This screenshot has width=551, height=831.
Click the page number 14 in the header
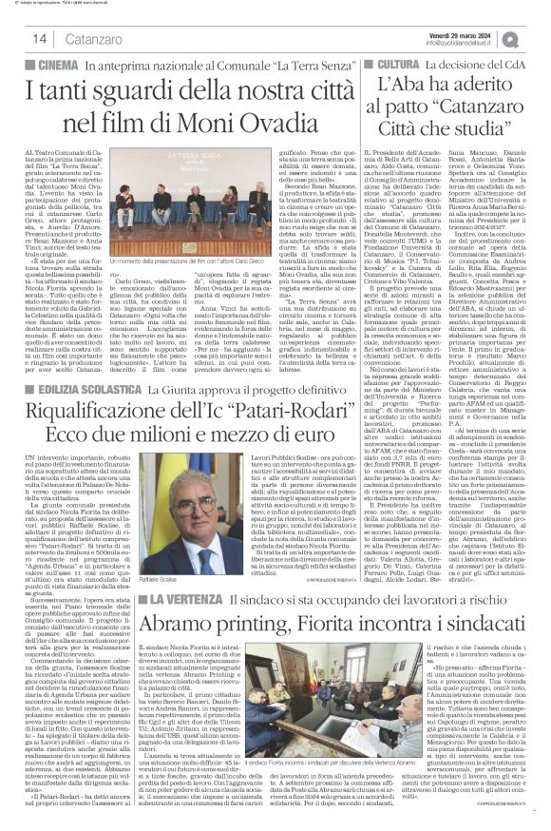click(17, 39)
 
